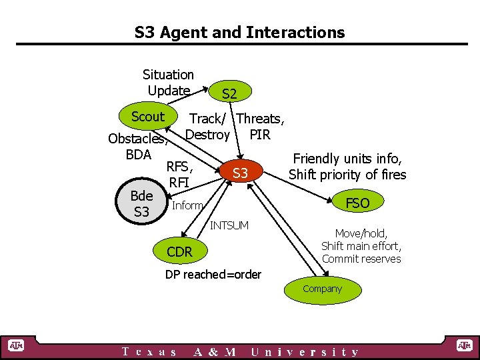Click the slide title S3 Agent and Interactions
(x=239, y=32)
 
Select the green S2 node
(x=229, y=94)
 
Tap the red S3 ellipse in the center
(x=240, y=173)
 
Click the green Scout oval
(x=147, y=117)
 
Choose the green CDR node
(x=179, y=251)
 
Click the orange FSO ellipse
(x=357, y=203)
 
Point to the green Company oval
(x=322, y=289)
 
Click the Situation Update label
(x=169, y=83)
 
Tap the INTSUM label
(x=229, y=225)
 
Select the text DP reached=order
(x=213, y=275)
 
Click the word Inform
(x=187, y=205)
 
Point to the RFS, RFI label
(x=179, y=174)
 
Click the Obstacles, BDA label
(x=138, y=147)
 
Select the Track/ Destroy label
(x=207, y=127)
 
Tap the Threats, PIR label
(x=261, y=127)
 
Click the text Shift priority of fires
(x=347, y=175)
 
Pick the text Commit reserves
(x=361, y=259)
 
